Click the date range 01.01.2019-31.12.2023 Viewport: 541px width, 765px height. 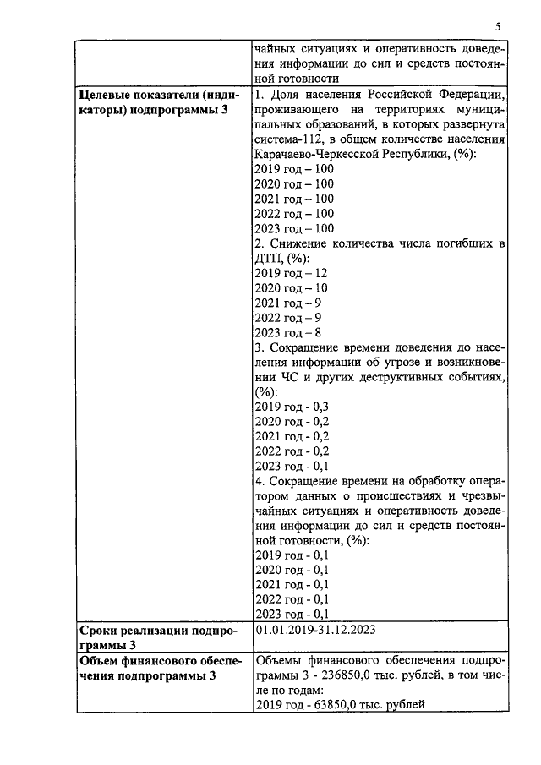(314, 630)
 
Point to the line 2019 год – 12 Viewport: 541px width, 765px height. (290, 273)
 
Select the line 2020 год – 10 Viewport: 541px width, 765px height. (290, 288)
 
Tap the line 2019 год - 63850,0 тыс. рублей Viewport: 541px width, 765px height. (339, 704)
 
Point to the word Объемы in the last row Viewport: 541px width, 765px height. (277, 659)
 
